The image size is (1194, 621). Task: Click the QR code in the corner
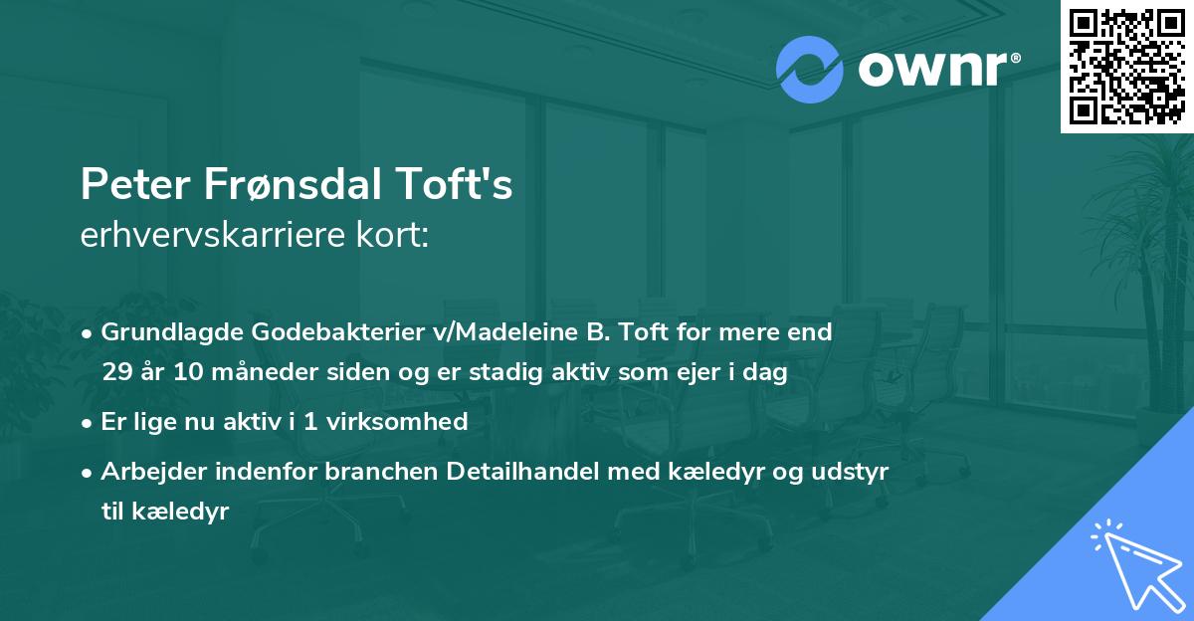1126,66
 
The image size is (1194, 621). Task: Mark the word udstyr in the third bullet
854,472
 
